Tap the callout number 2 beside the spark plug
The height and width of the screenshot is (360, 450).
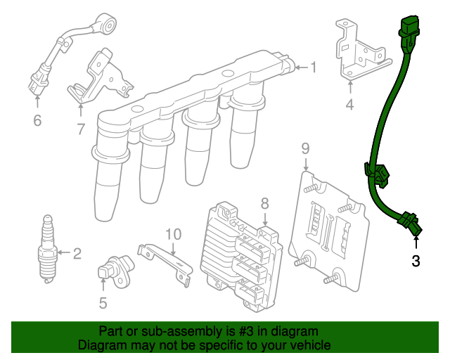[77, 253]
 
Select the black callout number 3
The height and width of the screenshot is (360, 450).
[416, 262]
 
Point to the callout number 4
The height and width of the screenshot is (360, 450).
[349, 105]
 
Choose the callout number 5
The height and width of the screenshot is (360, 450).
[103, 304]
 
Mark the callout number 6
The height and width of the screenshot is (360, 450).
[37, 121]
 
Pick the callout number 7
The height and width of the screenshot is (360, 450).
[80, 129]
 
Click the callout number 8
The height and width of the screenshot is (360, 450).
[264, 204]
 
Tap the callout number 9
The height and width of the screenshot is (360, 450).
[305, 148]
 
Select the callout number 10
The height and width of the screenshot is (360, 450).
[173, 233]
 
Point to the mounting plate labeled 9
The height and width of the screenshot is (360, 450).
[330, 225]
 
